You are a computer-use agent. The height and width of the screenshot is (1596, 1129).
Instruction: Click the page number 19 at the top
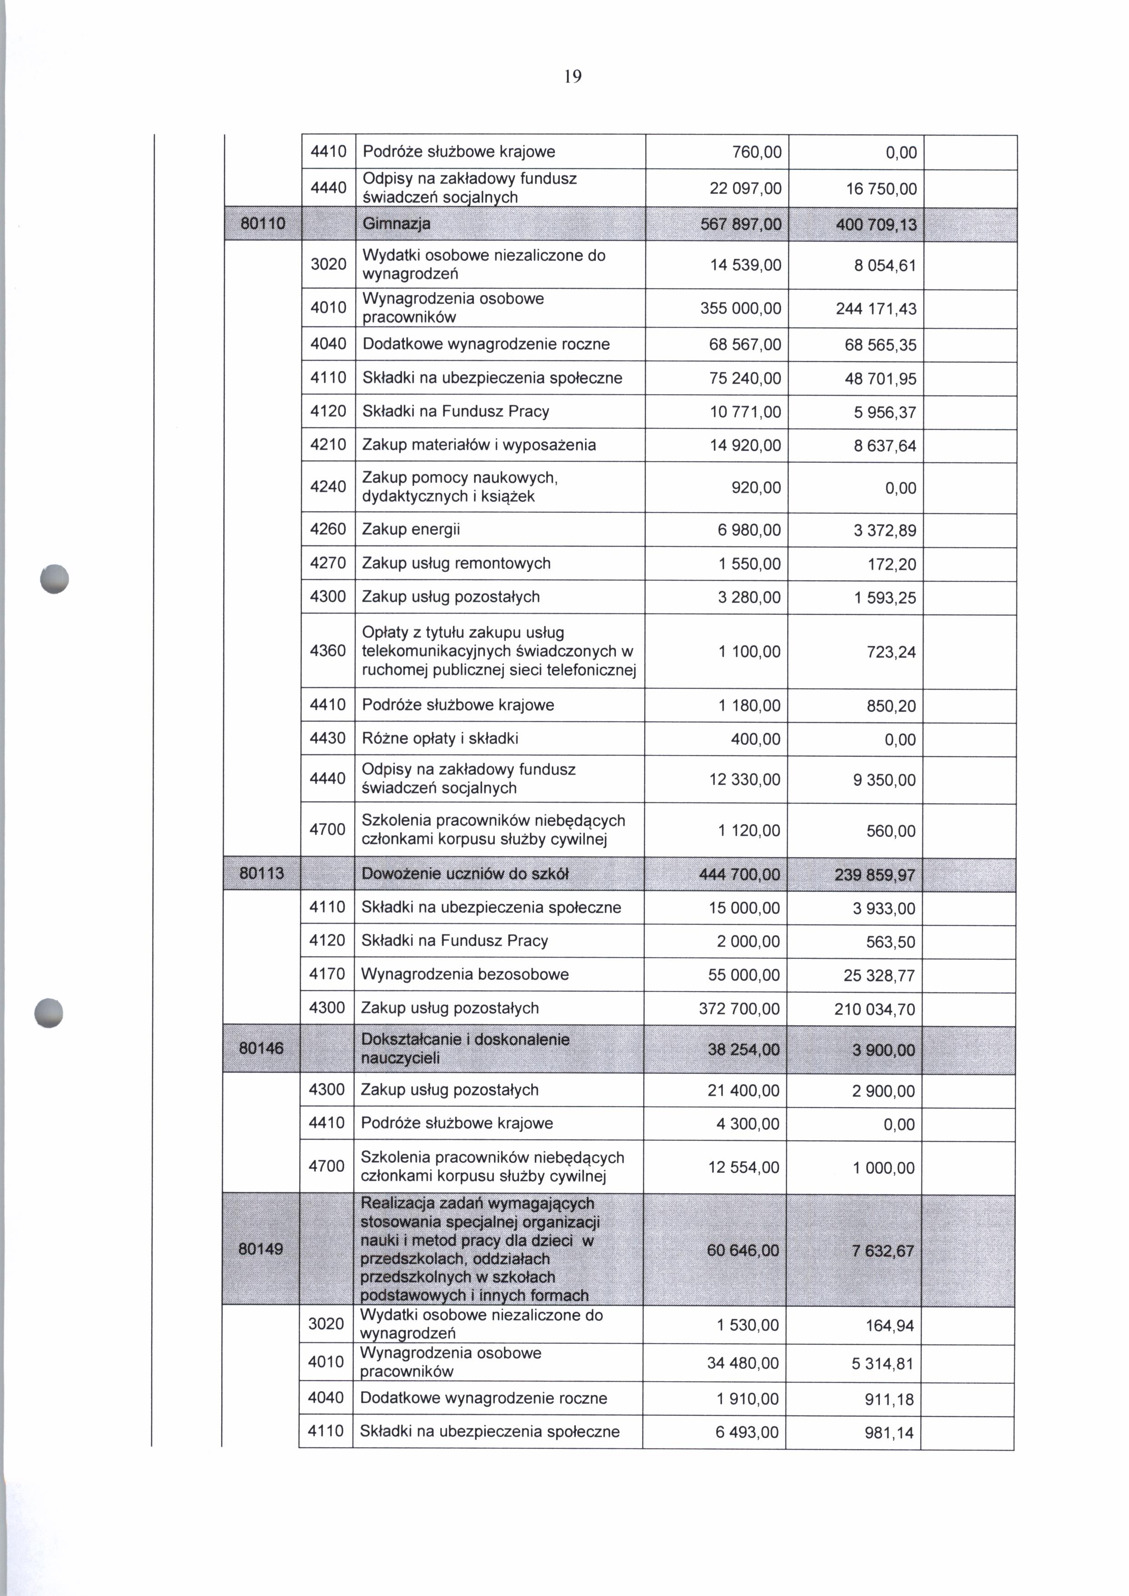[572, 76]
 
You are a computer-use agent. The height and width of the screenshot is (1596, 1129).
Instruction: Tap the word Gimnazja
[396, 224]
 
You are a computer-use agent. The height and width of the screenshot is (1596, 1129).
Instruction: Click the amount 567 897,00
[745, 224]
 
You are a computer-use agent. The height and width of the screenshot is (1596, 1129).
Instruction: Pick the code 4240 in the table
[328, 486]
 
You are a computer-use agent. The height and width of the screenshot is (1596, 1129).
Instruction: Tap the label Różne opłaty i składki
[440, 738]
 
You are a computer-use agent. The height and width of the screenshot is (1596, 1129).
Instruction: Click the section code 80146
[261, 1048]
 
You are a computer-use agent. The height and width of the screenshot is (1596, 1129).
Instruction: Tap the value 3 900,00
[884, 1049]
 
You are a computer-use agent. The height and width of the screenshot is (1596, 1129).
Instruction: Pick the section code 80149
[261, 1248]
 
